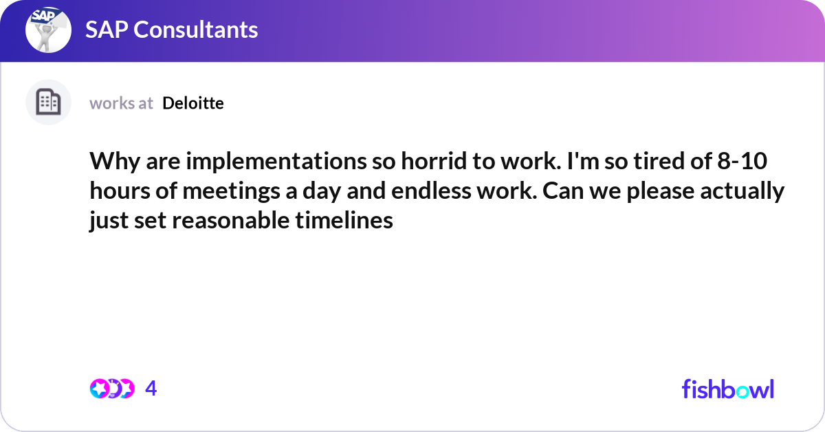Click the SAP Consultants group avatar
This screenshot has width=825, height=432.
click(48, 30)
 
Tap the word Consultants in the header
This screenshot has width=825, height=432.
click(195, 30)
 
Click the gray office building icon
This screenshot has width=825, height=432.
click(48, 102)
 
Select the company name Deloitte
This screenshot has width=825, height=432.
click(193, 103)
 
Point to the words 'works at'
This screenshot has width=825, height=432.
click(121, 103)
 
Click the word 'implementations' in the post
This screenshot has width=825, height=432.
click(276, 161)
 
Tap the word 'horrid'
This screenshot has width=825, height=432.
click(434, 161)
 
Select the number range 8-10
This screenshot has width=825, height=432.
click(742, 161)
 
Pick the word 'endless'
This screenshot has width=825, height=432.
click(431, 191)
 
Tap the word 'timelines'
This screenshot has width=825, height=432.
click(344, 220)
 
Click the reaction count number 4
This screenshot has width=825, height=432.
click(151, 388)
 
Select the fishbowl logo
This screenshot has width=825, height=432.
click(728, 389)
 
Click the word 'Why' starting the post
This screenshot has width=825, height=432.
click(115, 162)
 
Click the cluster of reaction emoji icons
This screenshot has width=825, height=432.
click(112, 389)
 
